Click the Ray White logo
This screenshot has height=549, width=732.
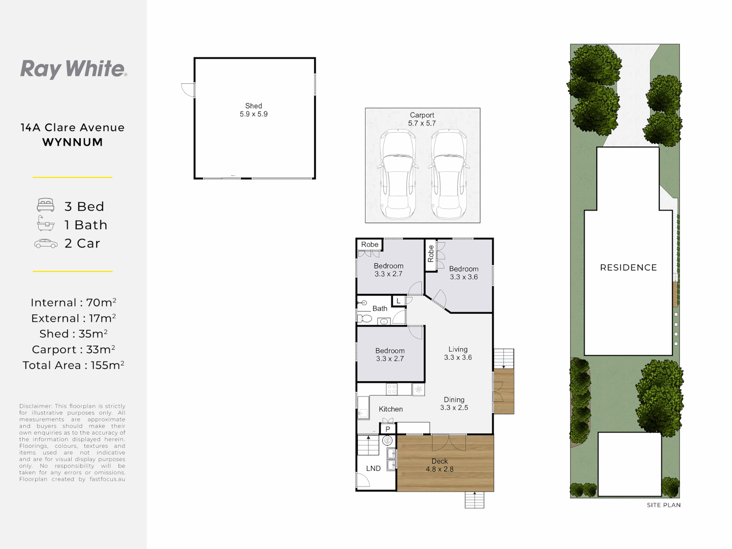point(73,69)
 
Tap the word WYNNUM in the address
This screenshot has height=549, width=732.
point(73,142)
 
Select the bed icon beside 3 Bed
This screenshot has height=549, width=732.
point(46,205)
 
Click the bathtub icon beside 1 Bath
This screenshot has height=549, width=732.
point(46,224)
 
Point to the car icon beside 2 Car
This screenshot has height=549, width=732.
point(46,243)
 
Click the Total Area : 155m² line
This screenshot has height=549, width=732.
point(73,365)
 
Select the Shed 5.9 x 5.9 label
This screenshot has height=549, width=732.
point(254,110)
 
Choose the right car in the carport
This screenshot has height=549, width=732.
point(448,174)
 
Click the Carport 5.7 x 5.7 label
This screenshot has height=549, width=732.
point(422,119)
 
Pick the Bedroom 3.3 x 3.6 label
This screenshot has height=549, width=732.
point(464,273)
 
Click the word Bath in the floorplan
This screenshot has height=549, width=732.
point(380,309)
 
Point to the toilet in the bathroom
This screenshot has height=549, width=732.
point(364,319)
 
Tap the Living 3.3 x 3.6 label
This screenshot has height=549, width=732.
point(458,353)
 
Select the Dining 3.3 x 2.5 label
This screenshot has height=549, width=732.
point(454,404)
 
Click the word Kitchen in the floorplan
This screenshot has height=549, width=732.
point(390,409)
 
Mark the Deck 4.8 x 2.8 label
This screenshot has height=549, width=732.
point(440,465)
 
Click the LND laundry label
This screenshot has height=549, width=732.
point(373,469)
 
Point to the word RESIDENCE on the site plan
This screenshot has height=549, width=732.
point(628,267)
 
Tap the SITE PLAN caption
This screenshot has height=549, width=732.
point(663,505)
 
